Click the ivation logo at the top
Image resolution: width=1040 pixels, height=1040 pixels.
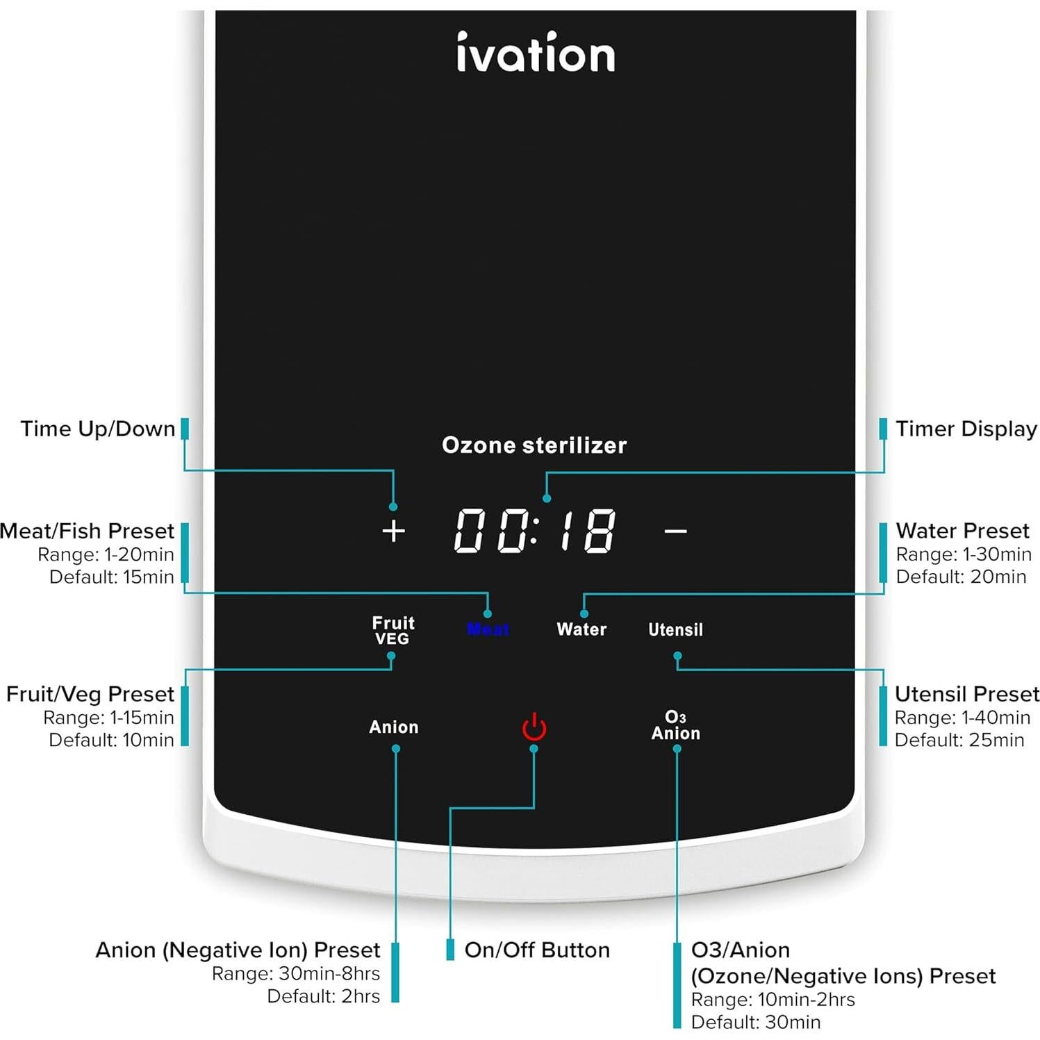click(x=535, y=53)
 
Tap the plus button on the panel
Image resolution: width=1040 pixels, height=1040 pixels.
click(x=393, y=531)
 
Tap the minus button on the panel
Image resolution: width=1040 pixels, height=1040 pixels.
click(x=675, y=531)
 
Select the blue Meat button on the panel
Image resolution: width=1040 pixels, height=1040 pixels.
click(x=488, y=630)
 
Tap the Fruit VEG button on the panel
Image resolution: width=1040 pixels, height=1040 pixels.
click(x=393, y=630)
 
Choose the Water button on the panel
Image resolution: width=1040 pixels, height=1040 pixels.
click(x=581, y=629)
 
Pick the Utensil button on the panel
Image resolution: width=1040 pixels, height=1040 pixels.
click(x=675, y=630)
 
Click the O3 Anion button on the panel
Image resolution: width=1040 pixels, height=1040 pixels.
click(x=675, y=725)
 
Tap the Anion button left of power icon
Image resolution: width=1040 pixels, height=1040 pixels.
click(x=394, y=727)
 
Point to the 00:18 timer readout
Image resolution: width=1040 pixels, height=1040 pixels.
click(x=535, y=531)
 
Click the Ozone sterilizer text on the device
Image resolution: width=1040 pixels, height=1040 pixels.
click(x=534, y=445)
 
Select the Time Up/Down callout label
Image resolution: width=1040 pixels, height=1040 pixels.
click(x=98, y=429)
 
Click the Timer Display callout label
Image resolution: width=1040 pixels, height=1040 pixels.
click(x=966, y=429)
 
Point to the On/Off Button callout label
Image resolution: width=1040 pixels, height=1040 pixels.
click(x=537, y=950)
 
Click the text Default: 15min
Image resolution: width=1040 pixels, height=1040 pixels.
click(x=112, y=577)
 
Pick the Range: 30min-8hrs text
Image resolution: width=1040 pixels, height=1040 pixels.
click(x=296, y=973)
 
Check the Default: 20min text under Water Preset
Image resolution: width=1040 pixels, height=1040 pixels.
click(x=961, y=577)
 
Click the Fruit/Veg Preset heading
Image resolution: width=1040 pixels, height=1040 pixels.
click(x=90, y=694)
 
